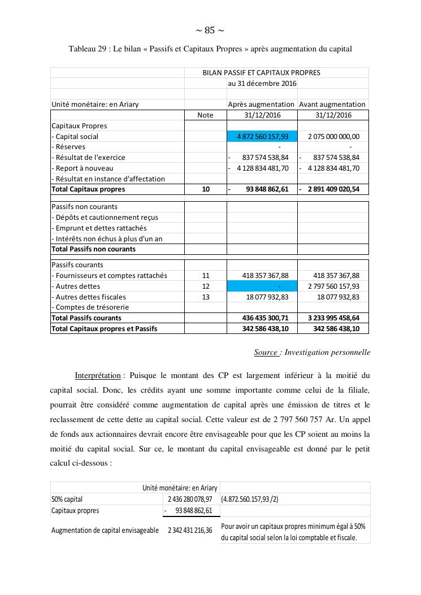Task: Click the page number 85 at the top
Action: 210,31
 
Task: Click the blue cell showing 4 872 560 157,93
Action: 262,137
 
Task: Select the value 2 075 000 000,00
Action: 333,137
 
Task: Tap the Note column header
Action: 206,115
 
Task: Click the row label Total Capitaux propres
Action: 88,189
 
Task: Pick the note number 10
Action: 206,189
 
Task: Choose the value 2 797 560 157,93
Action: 333,286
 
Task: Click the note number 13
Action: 206,297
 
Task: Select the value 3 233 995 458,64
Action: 333,318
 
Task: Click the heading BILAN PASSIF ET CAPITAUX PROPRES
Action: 262,73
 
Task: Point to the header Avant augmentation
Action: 332,105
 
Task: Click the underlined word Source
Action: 266,353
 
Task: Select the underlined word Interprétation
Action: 98,375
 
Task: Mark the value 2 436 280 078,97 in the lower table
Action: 190,500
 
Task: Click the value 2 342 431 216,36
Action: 190,531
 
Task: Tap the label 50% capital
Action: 67,500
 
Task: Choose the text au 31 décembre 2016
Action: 262,84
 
